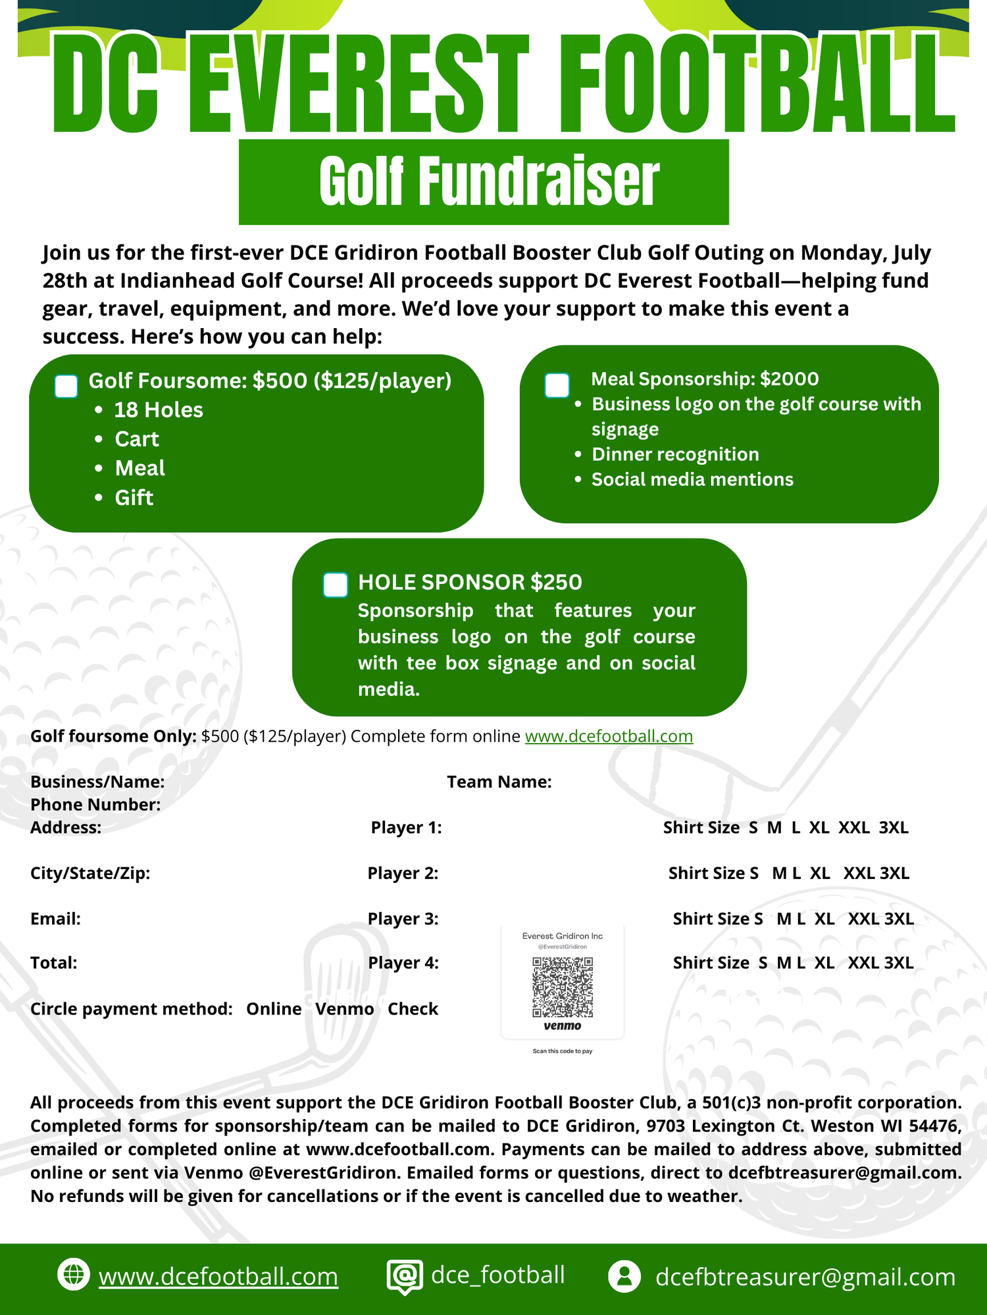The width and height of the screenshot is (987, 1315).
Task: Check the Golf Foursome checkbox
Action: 66,387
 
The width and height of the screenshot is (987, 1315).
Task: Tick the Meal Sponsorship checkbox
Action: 557,385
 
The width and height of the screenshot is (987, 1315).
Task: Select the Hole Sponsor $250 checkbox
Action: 336,585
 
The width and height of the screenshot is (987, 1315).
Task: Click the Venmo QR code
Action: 563,987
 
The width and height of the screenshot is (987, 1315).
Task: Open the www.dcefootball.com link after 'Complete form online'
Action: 609,736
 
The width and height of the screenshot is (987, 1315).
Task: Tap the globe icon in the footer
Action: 73,1275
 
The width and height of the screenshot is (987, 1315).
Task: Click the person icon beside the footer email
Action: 624,1276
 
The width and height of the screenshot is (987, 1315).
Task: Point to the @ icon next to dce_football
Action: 405,1276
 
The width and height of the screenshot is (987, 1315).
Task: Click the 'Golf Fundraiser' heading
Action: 489,181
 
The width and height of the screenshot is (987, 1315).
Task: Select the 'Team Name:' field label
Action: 499,782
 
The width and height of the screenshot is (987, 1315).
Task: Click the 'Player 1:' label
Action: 406,828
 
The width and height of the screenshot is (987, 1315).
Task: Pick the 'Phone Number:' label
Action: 95,805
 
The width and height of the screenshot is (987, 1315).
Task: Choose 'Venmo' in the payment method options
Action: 344,1009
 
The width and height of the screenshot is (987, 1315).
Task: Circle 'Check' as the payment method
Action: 413,1009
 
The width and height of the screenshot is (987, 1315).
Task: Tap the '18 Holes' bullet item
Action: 158,410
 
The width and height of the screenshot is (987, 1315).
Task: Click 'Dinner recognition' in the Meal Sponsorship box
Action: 675,454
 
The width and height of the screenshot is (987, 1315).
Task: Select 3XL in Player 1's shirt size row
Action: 894,828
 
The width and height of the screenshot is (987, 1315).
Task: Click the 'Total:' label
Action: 53,963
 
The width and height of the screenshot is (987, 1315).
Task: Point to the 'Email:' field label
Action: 55,919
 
